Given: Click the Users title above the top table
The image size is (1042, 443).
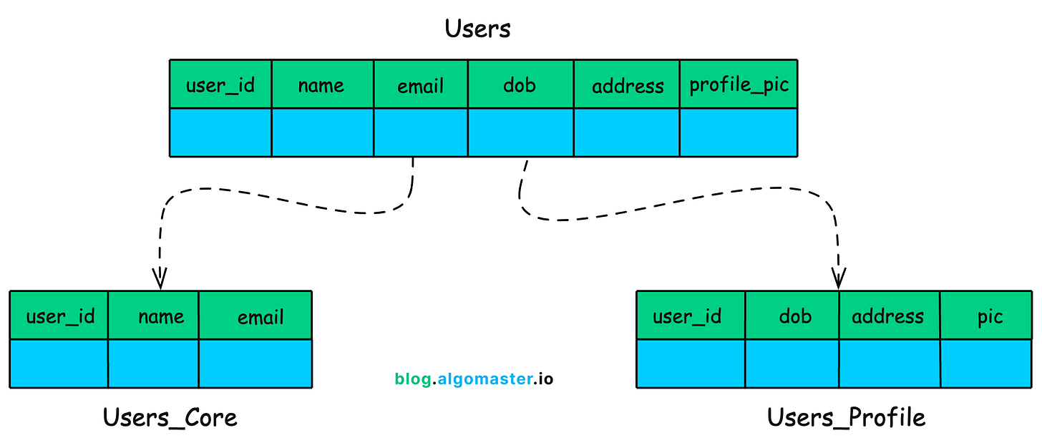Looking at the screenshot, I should pos(478,29).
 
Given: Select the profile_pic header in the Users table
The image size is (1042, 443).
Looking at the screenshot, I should pos(739,84).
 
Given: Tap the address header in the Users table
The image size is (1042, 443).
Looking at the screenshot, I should pos(627,86).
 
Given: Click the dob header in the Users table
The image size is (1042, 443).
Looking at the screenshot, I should pos(520,85).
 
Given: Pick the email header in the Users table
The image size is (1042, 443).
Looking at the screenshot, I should pos(421,86).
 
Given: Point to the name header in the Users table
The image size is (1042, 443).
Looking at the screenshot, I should pos(321,86).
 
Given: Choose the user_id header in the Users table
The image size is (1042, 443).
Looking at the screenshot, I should pos(220,86).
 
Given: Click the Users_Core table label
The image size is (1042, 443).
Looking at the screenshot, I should pos(170,417).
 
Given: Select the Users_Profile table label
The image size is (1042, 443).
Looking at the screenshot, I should pos(846,417).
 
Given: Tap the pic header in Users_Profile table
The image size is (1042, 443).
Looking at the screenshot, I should pos(990,316).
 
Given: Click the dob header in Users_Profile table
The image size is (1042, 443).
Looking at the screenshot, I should pos(795,316).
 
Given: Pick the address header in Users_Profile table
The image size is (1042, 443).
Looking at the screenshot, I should pos(887,316).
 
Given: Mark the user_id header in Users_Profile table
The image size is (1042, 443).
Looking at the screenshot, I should pos(687,316).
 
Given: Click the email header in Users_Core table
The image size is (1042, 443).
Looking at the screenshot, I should pos(260,317).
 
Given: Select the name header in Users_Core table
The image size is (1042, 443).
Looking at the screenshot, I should pos(161,316).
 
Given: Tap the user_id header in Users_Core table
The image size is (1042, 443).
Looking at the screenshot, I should pos(60,316).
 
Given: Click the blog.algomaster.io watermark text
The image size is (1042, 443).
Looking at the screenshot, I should pos(474,379).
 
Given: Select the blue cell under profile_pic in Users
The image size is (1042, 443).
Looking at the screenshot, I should pos(738,132).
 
